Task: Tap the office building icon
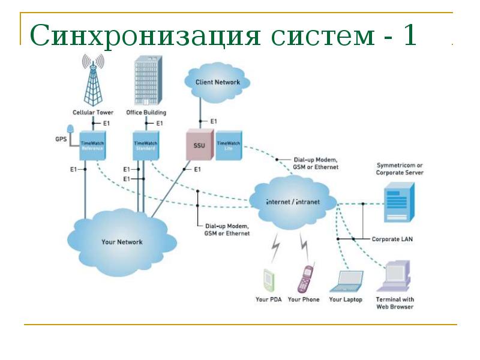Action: click(x=146, y=83)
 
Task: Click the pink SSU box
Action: click(x=199, y=145)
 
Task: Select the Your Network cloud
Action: click(x=122, y=241)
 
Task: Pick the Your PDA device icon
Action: click(x=268, y=280)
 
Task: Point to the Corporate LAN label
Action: click(x=392, y=239)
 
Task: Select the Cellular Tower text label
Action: click(x=93, y=112)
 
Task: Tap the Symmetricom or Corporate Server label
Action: click(x=400, y=169)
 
